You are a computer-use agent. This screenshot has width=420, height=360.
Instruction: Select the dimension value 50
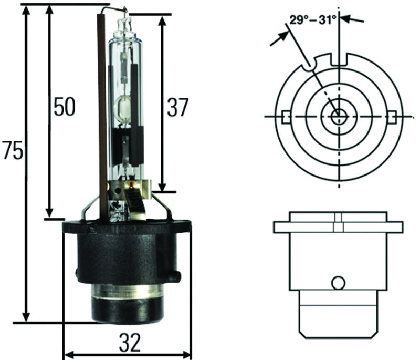64,107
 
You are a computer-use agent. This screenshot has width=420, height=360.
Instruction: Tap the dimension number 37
177,107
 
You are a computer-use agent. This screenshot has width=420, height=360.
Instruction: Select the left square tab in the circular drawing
286,116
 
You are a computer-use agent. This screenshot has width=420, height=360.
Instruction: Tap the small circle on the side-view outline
339,283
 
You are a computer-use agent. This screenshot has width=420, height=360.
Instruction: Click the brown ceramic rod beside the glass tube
102,105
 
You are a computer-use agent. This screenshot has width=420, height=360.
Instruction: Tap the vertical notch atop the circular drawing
340,58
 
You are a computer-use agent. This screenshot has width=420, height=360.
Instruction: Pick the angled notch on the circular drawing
310,65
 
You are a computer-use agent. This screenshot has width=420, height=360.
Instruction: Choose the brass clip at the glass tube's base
138,202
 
